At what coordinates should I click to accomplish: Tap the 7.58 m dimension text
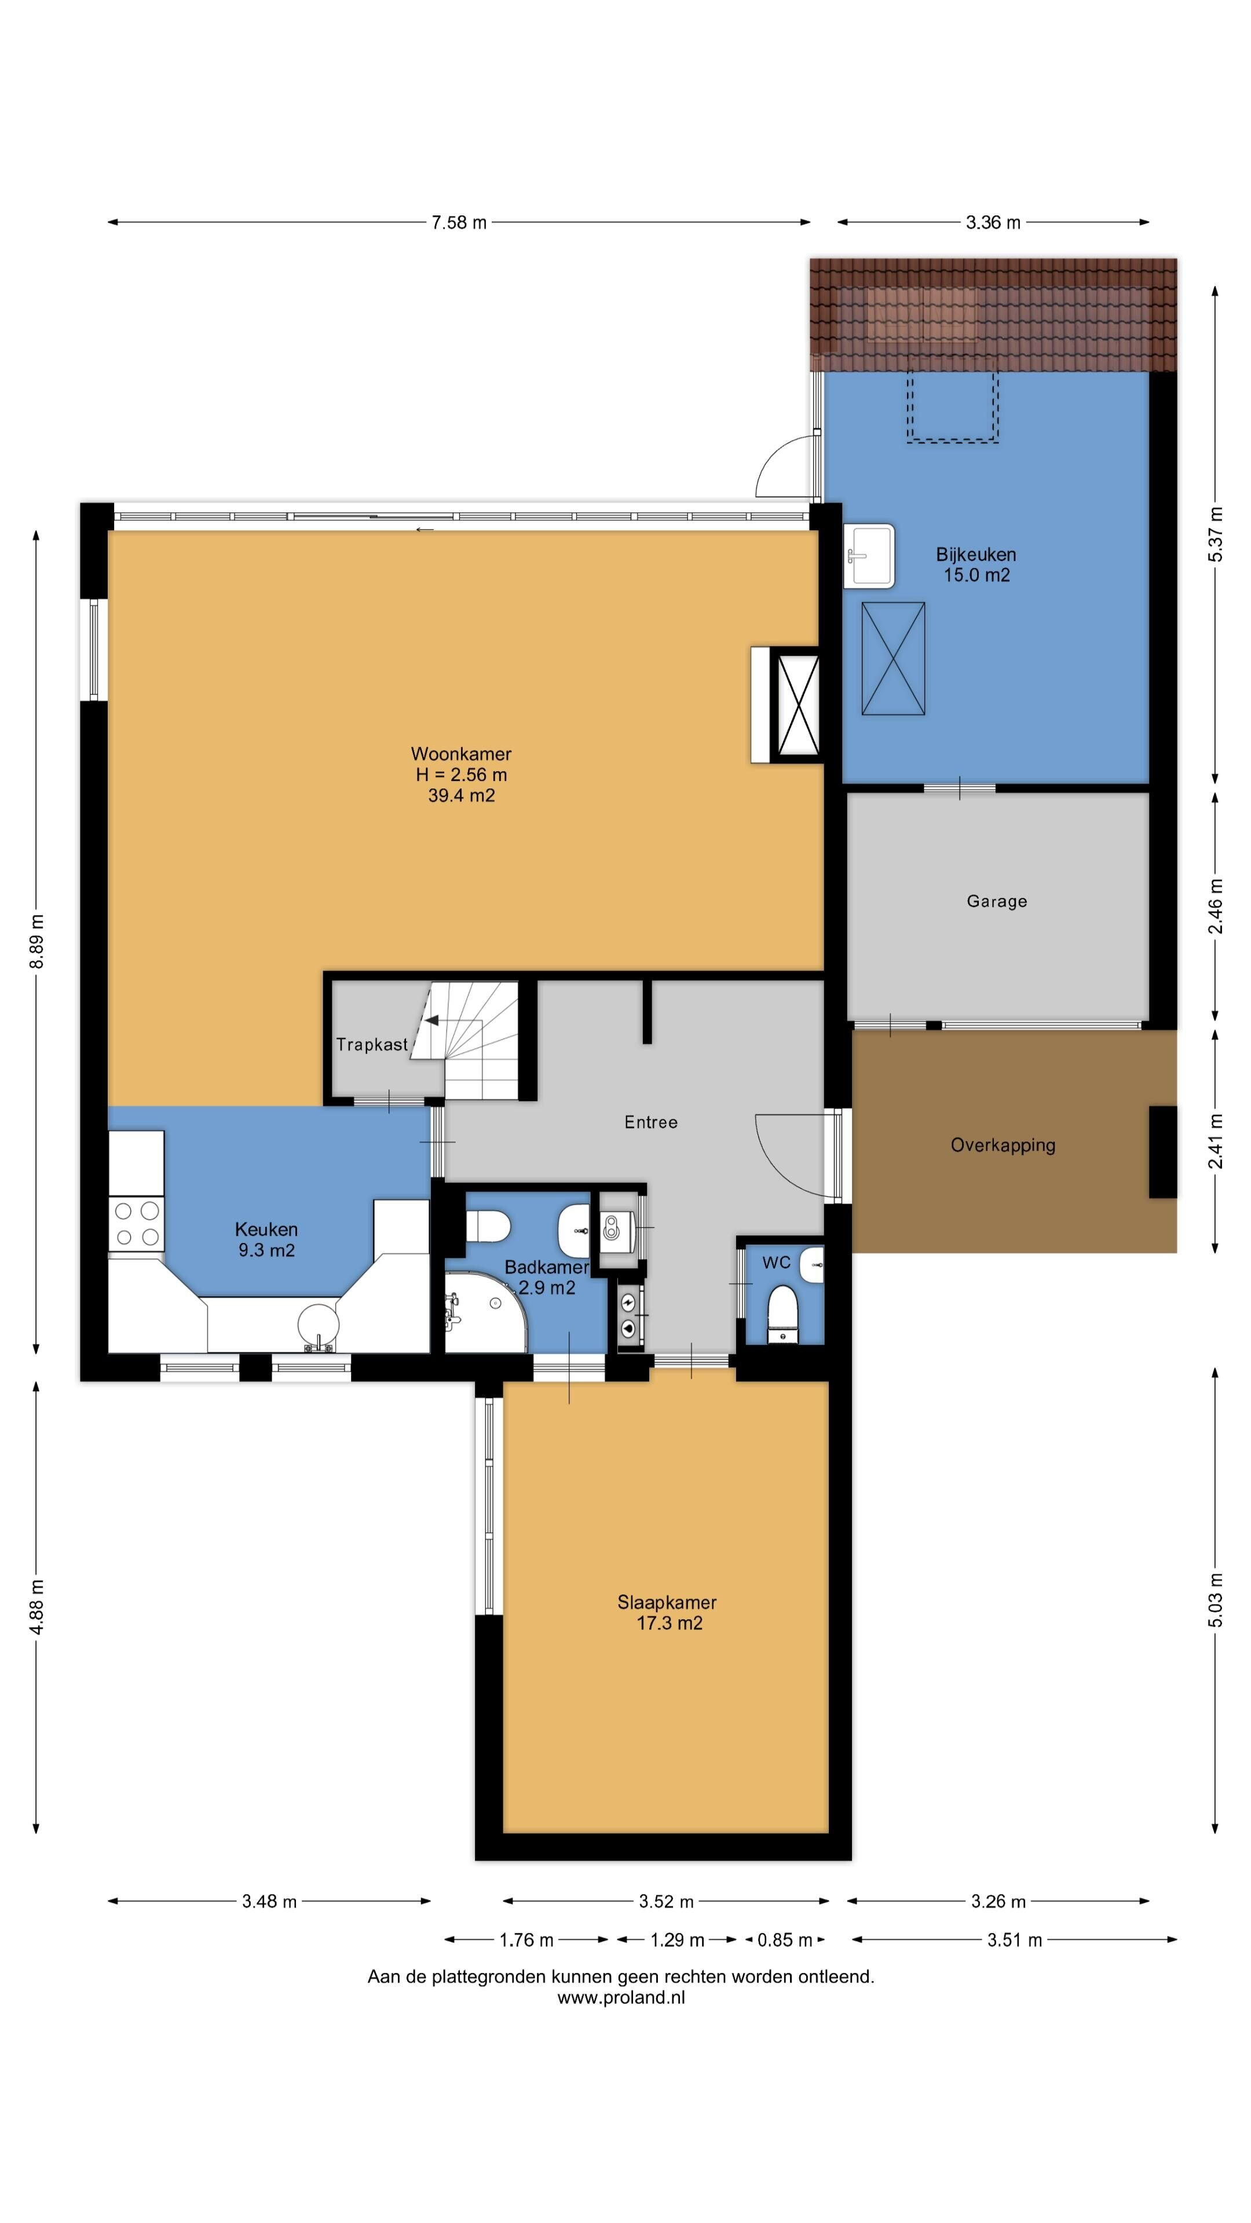(459, 223)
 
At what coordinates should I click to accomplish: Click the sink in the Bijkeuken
(869, 556)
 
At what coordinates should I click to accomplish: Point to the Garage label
(996, 901)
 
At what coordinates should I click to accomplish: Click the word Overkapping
(1003, 1145)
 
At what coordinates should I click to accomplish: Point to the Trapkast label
(371, 1044)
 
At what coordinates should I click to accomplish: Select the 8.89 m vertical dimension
(36, 941)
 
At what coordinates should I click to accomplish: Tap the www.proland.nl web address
(621, 1997)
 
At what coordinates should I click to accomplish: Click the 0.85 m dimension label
(784, 1940)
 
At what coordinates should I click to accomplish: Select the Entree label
(651, 1122)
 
